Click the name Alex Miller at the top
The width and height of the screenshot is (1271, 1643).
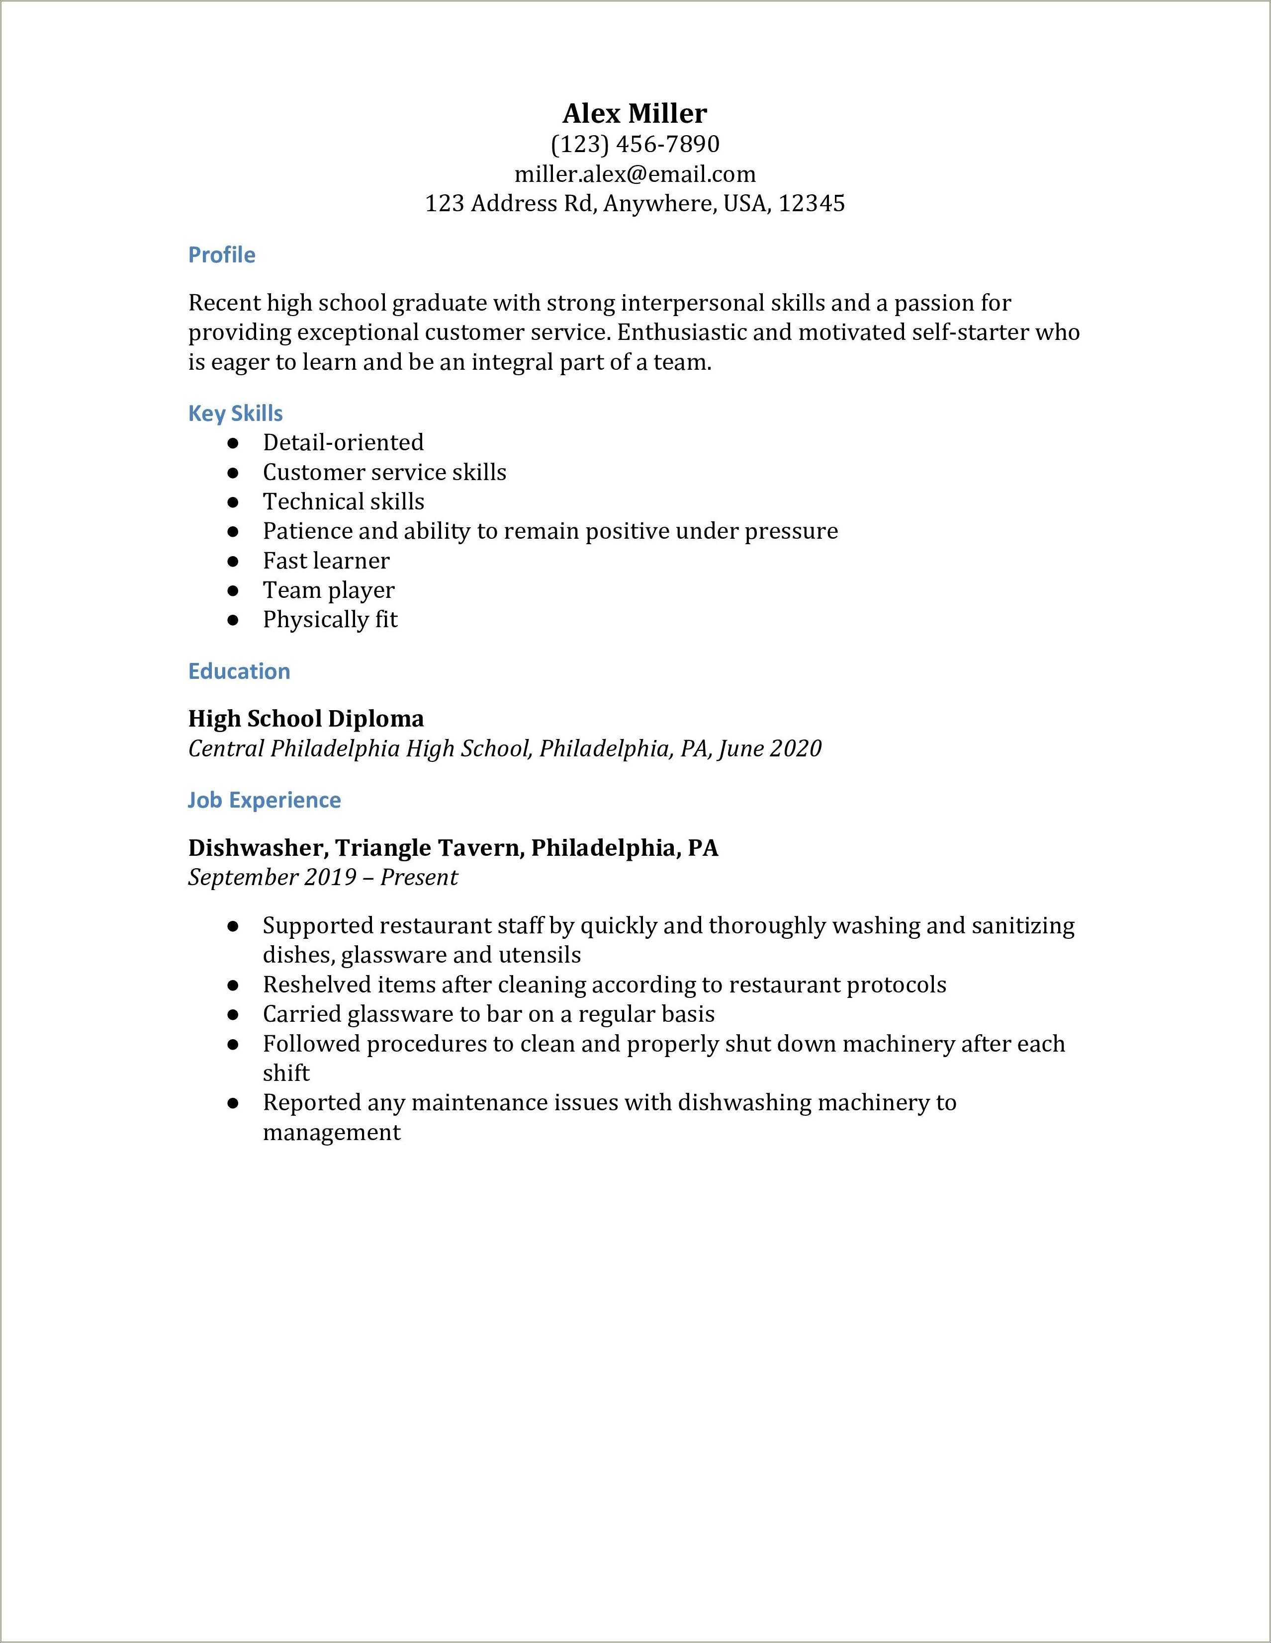(x=635, y=114)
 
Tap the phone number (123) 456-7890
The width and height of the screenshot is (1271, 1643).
(x=635, y=144)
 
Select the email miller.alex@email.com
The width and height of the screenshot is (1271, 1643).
(x=635, y=174)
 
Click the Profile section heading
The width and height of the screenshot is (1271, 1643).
(x=221, y=255)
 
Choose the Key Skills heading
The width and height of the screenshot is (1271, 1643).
(x=235, y=413)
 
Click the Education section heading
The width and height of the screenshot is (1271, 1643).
(x=239, y=671)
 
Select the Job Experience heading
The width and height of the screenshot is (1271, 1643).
(x=264, y=800)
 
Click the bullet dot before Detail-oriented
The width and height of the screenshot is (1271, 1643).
(x=233, y=443)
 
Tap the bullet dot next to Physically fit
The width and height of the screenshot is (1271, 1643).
(x=233, y=621)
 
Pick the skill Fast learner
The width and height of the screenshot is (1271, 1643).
(x=326, y=561)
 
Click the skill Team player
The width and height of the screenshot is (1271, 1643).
(x=328, y=590)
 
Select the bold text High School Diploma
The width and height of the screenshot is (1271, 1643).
(x=305, y=719)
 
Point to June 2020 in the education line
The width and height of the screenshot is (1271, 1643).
(x=769, y=748)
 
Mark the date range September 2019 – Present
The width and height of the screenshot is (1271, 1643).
(x=322, y=877)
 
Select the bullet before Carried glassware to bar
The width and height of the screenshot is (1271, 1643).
(x=233, y=1015)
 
